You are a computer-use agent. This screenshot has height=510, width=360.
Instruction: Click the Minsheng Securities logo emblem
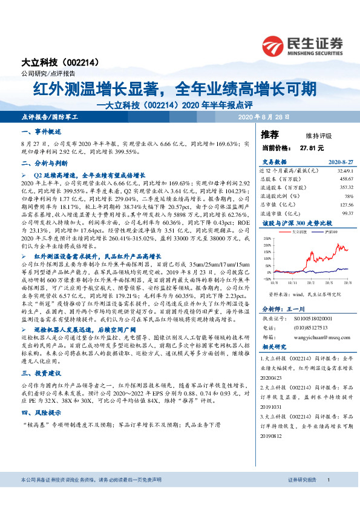[273, 44]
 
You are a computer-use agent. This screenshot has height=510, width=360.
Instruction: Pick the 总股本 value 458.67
[345, 180]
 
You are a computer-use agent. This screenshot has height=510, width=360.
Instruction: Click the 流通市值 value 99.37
[347, 213]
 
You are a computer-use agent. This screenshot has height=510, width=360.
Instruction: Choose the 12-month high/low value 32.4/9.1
[344, 171]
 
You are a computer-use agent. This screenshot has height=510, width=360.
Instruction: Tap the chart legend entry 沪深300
[329, 231]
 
